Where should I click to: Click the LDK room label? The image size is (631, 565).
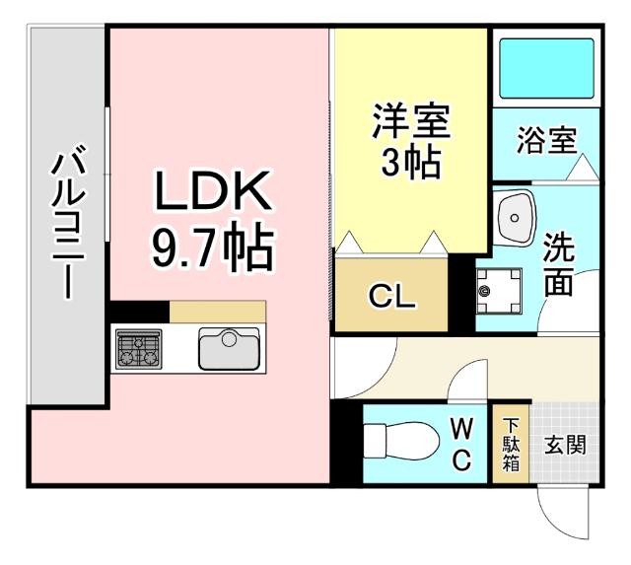tap(211, 194)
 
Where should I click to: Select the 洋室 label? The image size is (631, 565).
tap(411, 122)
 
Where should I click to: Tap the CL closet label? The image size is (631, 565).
tap(391, 295)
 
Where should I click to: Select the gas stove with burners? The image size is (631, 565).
tap(138, 349)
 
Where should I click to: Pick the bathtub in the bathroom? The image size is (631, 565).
tap(545, 68)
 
